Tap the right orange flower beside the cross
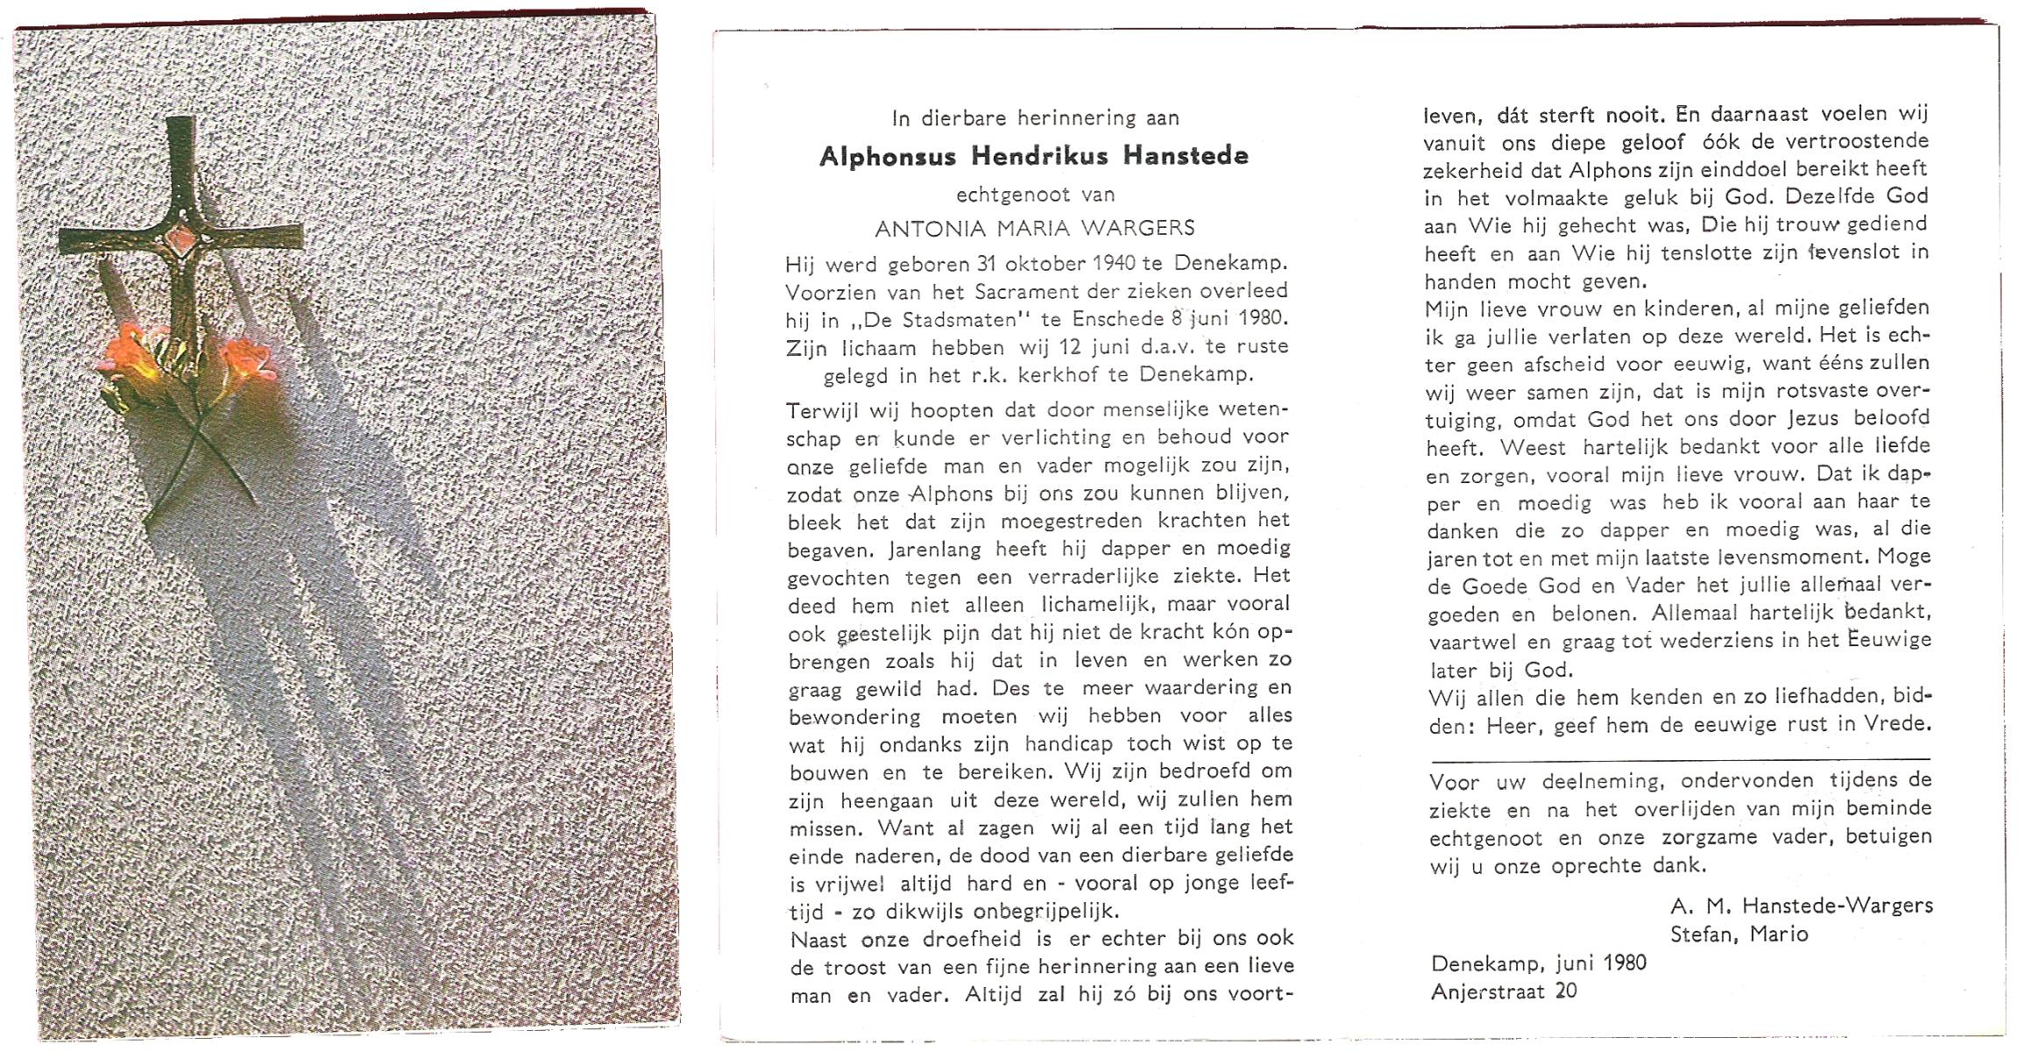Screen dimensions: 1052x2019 (245, 358)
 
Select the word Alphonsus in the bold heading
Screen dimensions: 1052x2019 (889, 157)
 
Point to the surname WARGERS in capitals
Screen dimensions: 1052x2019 (1138, 229)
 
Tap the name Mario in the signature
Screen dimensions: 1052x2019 (1779, 935)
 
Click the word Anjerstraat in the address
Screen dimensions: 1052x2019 (1486, 992)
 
